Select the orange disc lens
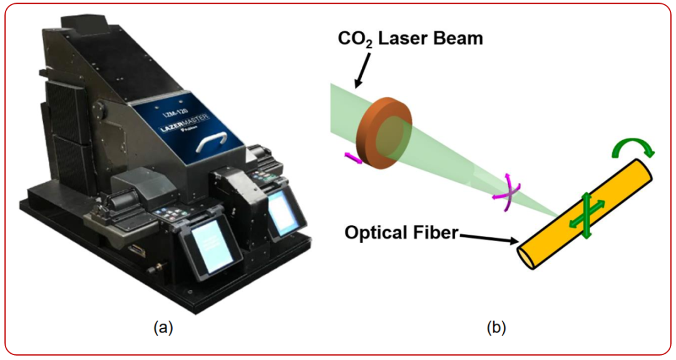pyautogui.click(x=382, y=133)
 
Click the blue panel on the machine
pyautogui.click(x=188, y=128)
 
